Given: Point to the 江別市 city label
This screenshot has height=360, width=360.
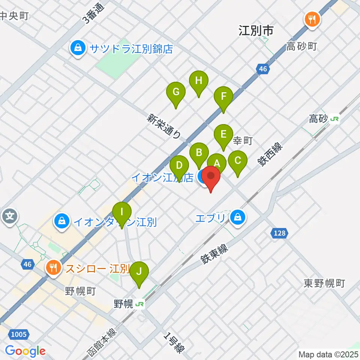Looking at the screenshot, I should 256,31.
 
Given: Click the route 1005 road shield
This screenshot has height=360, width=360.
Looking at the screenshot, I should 19,334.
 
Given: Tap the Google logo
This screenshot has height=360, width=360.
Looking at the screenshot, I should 25,351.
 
